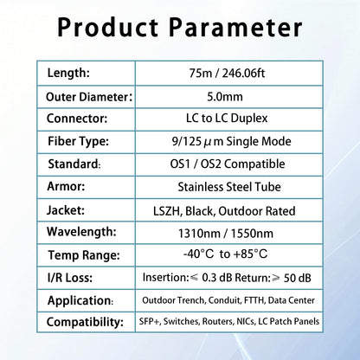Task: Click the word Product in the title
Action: [112, 28]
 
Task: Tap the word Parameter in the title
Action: [243, 28]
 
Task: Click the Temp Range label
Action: [81, 255]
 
